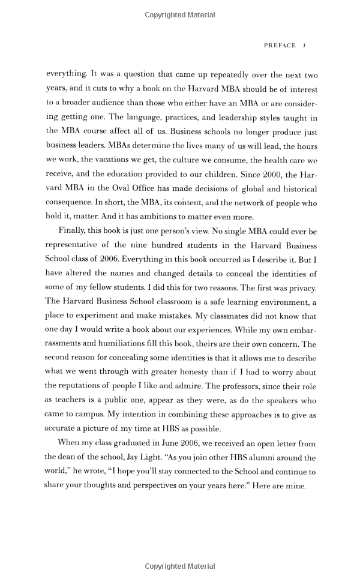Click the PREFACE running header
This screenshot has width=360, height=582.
(x=280, y=46)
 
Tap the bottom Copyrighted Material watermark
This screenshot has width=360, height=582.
(x=179, y=566)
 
